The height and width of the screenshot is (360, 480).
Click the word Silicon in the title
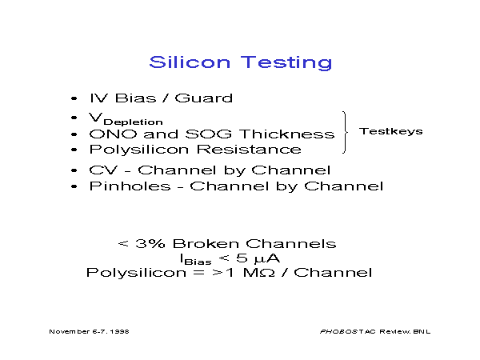point(190,62)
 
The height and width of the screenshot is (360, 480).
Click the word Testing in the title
point(286,63)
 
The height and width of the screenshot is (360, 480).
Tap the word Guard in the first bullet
point(203,98)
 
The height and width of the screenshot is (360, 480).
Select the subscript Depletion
point(133,122)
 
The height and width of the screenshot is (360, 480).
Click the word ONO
point(113,134)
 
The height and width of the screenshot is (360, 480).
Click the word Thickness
point(287,134)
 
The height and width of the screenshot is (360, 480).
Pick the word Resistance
point(249,150)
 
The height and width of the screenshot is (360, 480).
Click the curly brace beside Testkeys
point(346,132)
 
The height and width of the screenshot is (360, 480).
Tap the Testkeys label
point(391,131)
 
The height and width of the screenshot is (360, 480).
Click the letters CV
point(103,170)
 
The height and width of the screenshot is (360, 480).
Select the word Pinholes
point(130,186)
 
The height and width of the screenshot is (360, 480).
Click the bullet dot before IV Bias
point(74,98)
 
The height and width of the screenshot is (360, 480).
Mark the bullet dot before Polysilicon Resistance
point(74,150)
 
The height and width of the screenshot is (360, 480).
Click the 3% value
point(150,244)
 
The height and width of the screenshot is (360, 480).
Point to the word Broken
point(206,244)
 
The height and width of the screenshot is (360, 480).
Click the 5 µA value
point(258,258)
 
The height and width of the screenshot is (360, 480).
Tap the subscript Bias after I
point(198,262)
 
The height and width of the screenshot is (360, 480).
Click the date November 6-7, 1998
point(89,331)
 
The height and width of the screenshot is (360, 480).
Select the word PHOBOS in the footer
point(338,331)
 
